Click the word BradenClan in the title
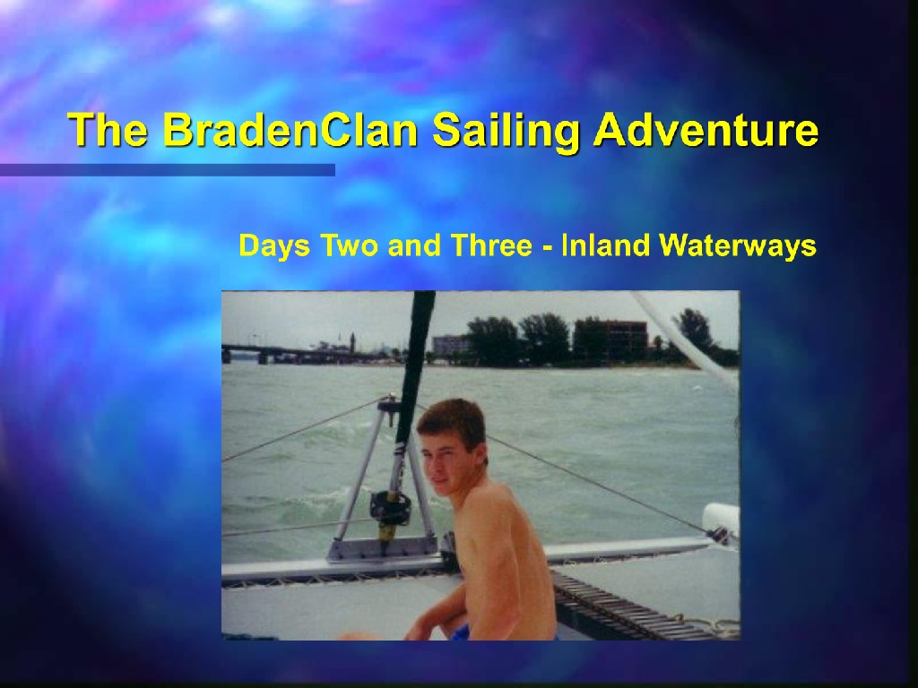tap(290, 129)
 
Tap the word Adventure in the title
tap(706, 129)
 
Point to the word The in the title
tap(108, 129)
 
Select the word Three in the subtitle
tap(490, 245)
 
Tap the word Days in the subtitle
tap(274, 245)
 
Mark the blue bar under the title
tap(168, 169)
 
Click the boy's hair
tap(453, 421)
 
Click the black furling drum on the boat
tap(389, 507)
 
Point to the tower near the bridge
tap(352, 343)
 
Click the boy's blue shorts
tap(461, 632)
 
